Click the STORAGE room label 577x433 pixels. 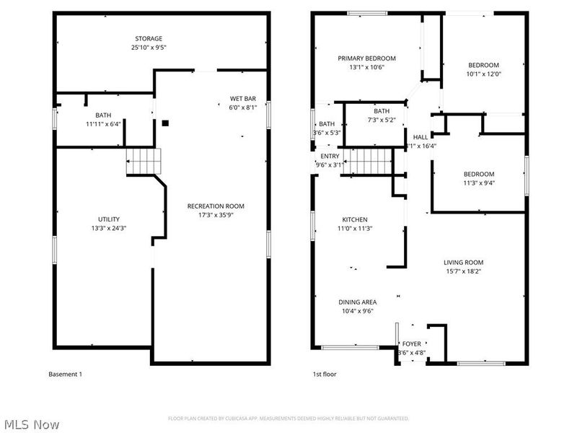pyautogui.click(x=148, y=38)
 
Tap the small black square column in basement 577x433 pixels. pyautogui.click(x=165, y=123)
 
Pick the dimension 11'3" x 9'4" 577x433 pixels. pyautogui.click(x=478, y=183)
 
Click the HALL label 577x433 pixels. pyautogui.click(x=420, y=136)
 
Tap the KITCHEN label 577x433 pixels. pyautogui.click(x=355, y=219)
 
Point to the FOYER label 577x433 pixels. pyautogui.click(x=412, y=344)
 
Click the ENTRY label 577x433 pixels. pyautogui.click(x=330, y=156)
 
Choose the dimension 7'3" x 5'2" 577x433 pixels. pyautogui.click(x=381, y=120)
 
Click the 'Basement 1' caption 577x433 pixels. pyautogui.click(x=66, y=374)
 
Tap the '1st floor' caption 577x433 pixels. pyautogui.click(x=324, y=374)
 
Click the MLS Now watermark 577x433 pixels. pyautogui.click(x=30, y=425)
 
